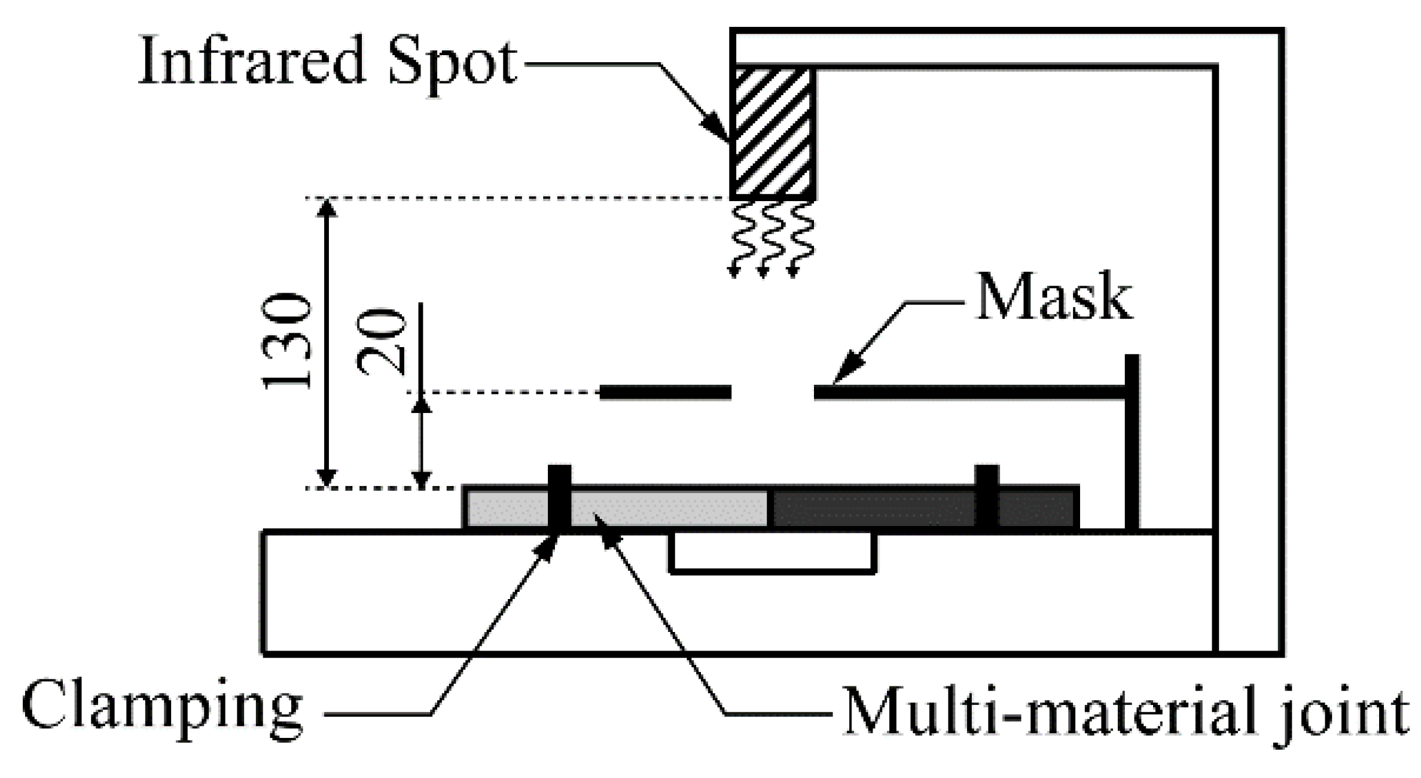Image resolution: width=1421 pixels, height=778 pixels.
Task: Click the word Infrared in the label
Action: pos(251,62)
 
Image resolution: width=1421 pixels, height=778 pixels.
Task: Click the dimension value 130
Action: pos(288,342)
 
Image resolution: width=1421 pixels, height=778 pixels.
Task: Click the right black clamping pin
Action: pos(987,497)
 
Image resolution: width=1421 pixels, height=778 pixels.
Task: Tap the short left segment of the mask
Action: pos(665,393)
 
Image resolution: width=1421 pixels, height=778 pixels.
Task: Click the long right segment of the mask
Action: pos(969,393)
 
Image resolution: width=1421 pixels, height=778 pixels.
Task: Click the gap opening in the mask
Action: pos(773,393)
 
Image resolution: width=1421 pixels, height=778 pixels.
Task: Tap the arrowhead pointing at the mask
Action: pos(843,374)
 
